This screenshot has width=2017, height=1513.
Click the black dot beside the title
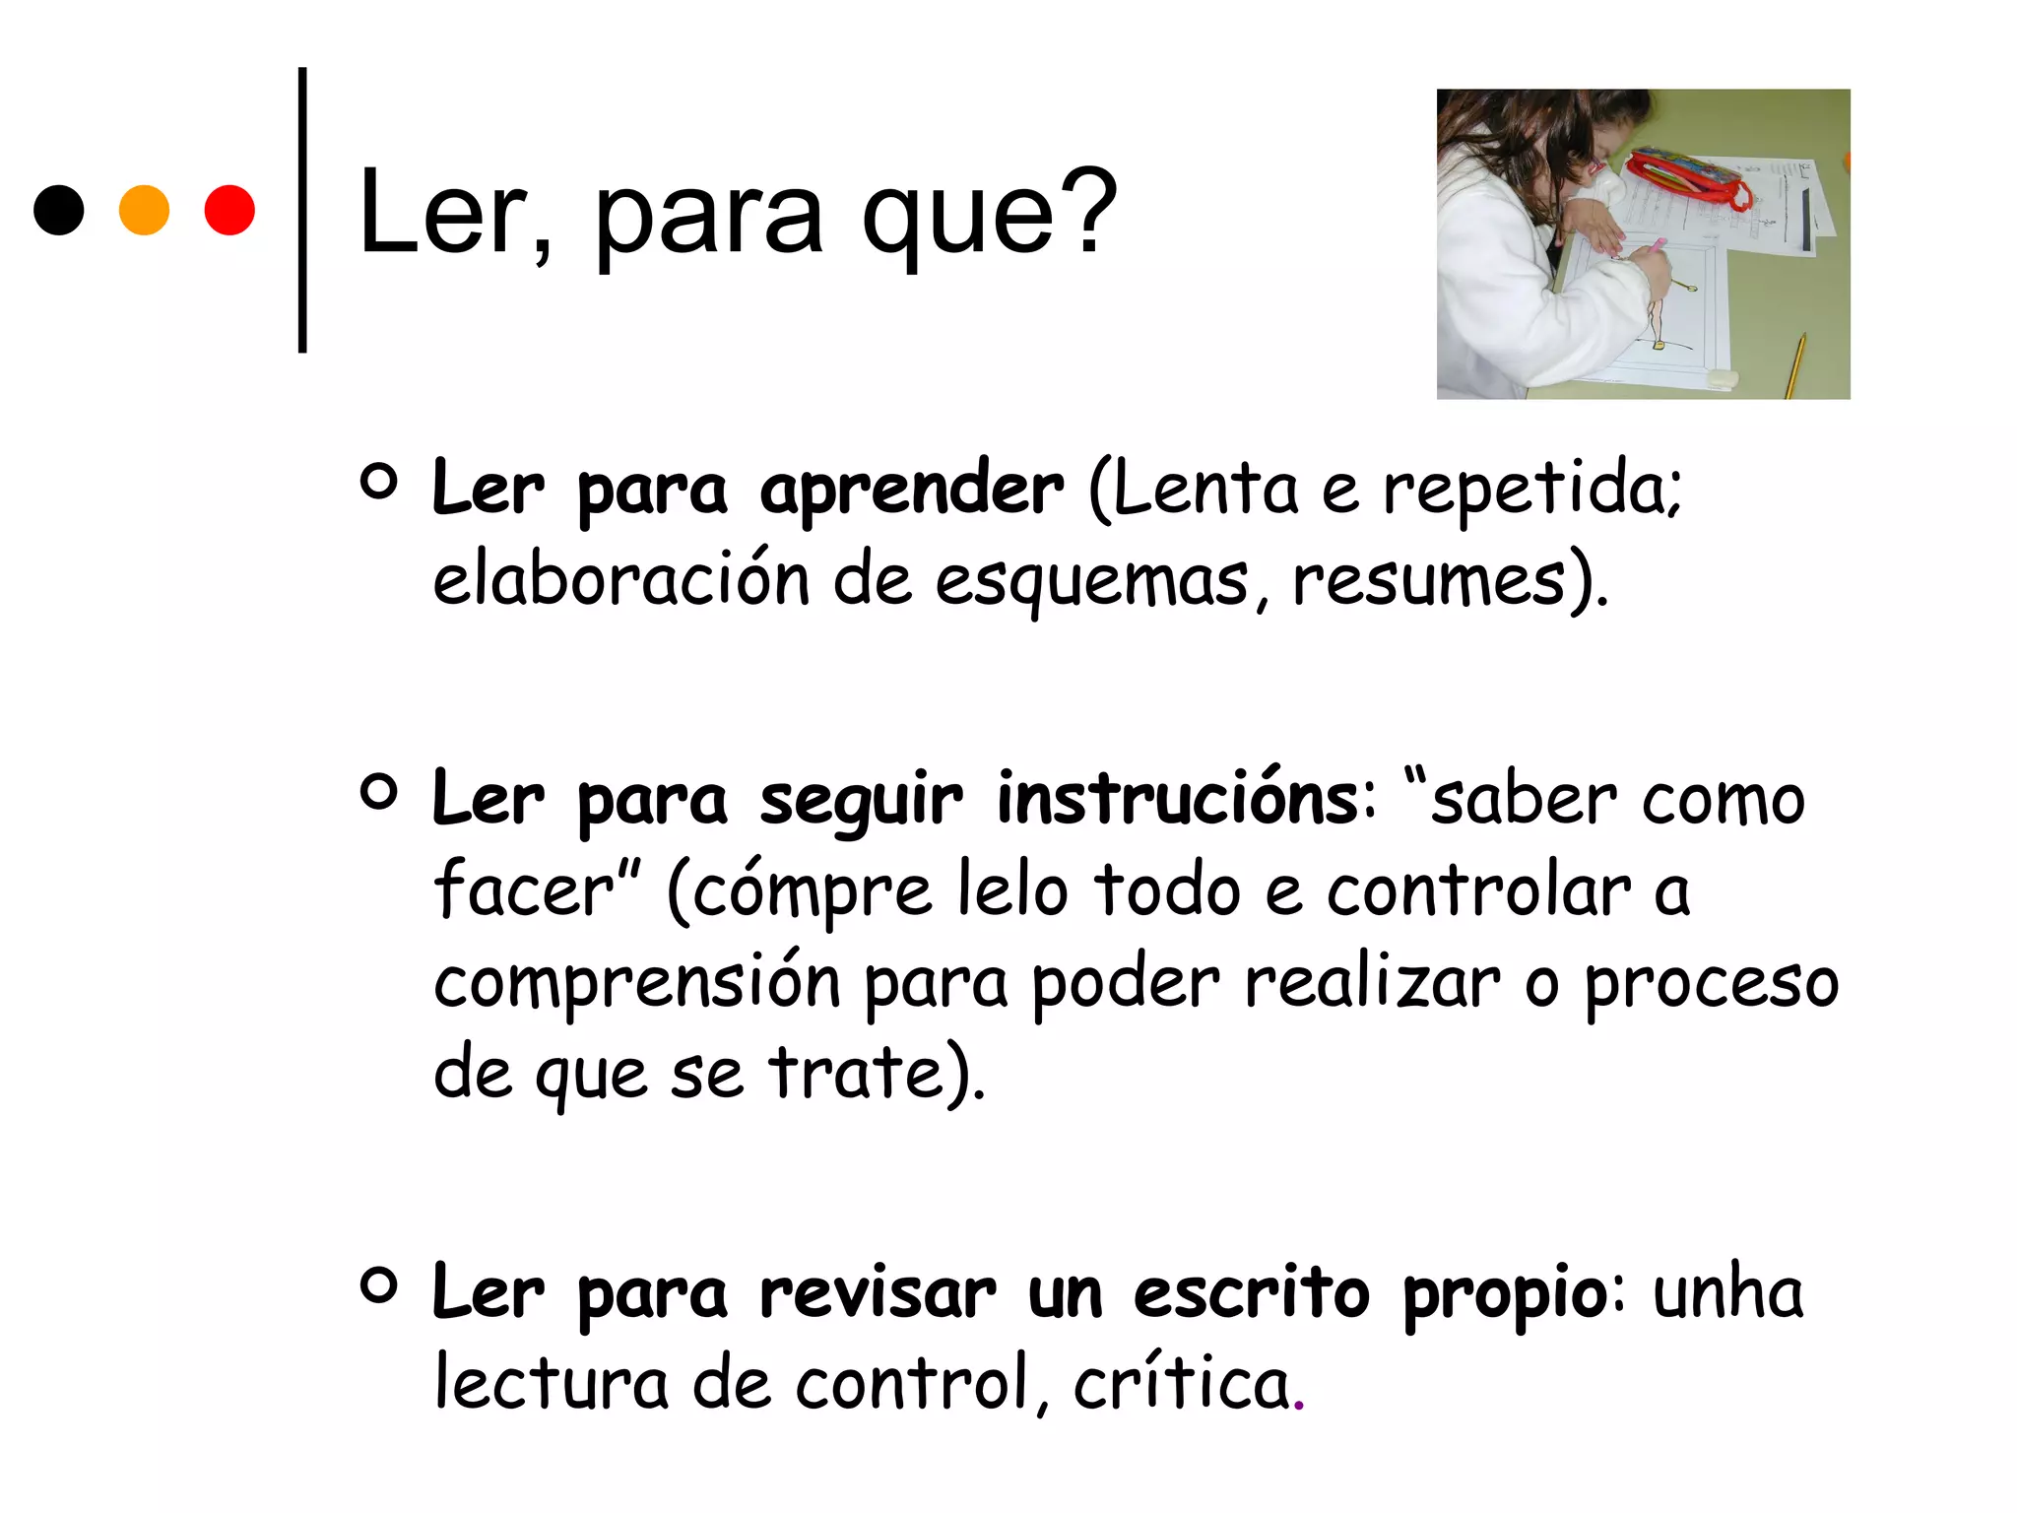pyautogui.click(x=59, y=211)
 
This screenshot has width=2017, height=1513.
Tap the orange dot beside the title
pyautogui.click(x=144, y=211)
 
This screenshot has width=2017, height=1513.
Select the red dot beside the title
pyautogui.click(x=229, y=211)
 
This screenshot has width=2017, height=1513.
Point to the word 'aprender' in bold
pyautogui.click(x=911, y=490)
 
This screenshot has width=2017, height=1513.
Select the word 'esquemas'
pyautogui.click(x=1091, y=580)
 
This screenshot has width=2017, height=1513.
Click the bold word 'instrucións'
pyautogui.click(x=1178, y=799)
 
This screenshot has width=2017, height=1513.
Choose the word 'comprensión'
pyautogui.click(x=637, y=982)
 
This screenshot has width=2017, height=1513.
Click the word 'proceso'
pyautogui.click(x=1711, y=982)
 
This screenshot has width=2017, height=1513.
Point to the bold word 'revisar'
pyautogui.click(x=878, y=1292)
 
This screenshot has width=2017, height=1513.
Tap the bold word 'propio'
pyautogui.click(x=1505, y=1292)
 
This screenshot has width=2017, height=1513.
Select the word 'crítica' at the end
pyautogui.click(x=1182, y=1383)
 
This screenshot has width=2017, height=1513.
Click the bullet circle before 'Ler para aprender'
pyautogui.click(x=378, y=481)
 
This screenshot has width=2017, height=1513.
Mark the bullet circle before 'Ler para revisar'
pyautogui.click(x=378, y=1284)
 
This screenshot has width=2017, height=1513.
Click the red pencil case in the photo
pyautogui.click(x=1687, y=177)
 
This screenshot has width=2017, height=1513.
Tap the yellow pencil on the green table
pyautogui.click(x=1796, y=364)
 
